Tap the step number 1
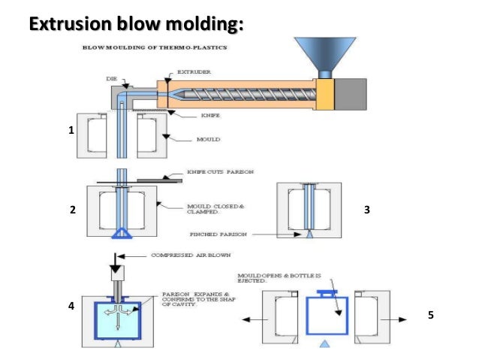coord(71,130)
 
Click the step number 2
coord(73,211)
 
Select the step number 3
coord(366,211)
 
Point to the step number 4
coord(71,307)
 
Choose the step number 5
coord(430,316)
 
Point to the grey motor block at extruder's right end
coord(351,92)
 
